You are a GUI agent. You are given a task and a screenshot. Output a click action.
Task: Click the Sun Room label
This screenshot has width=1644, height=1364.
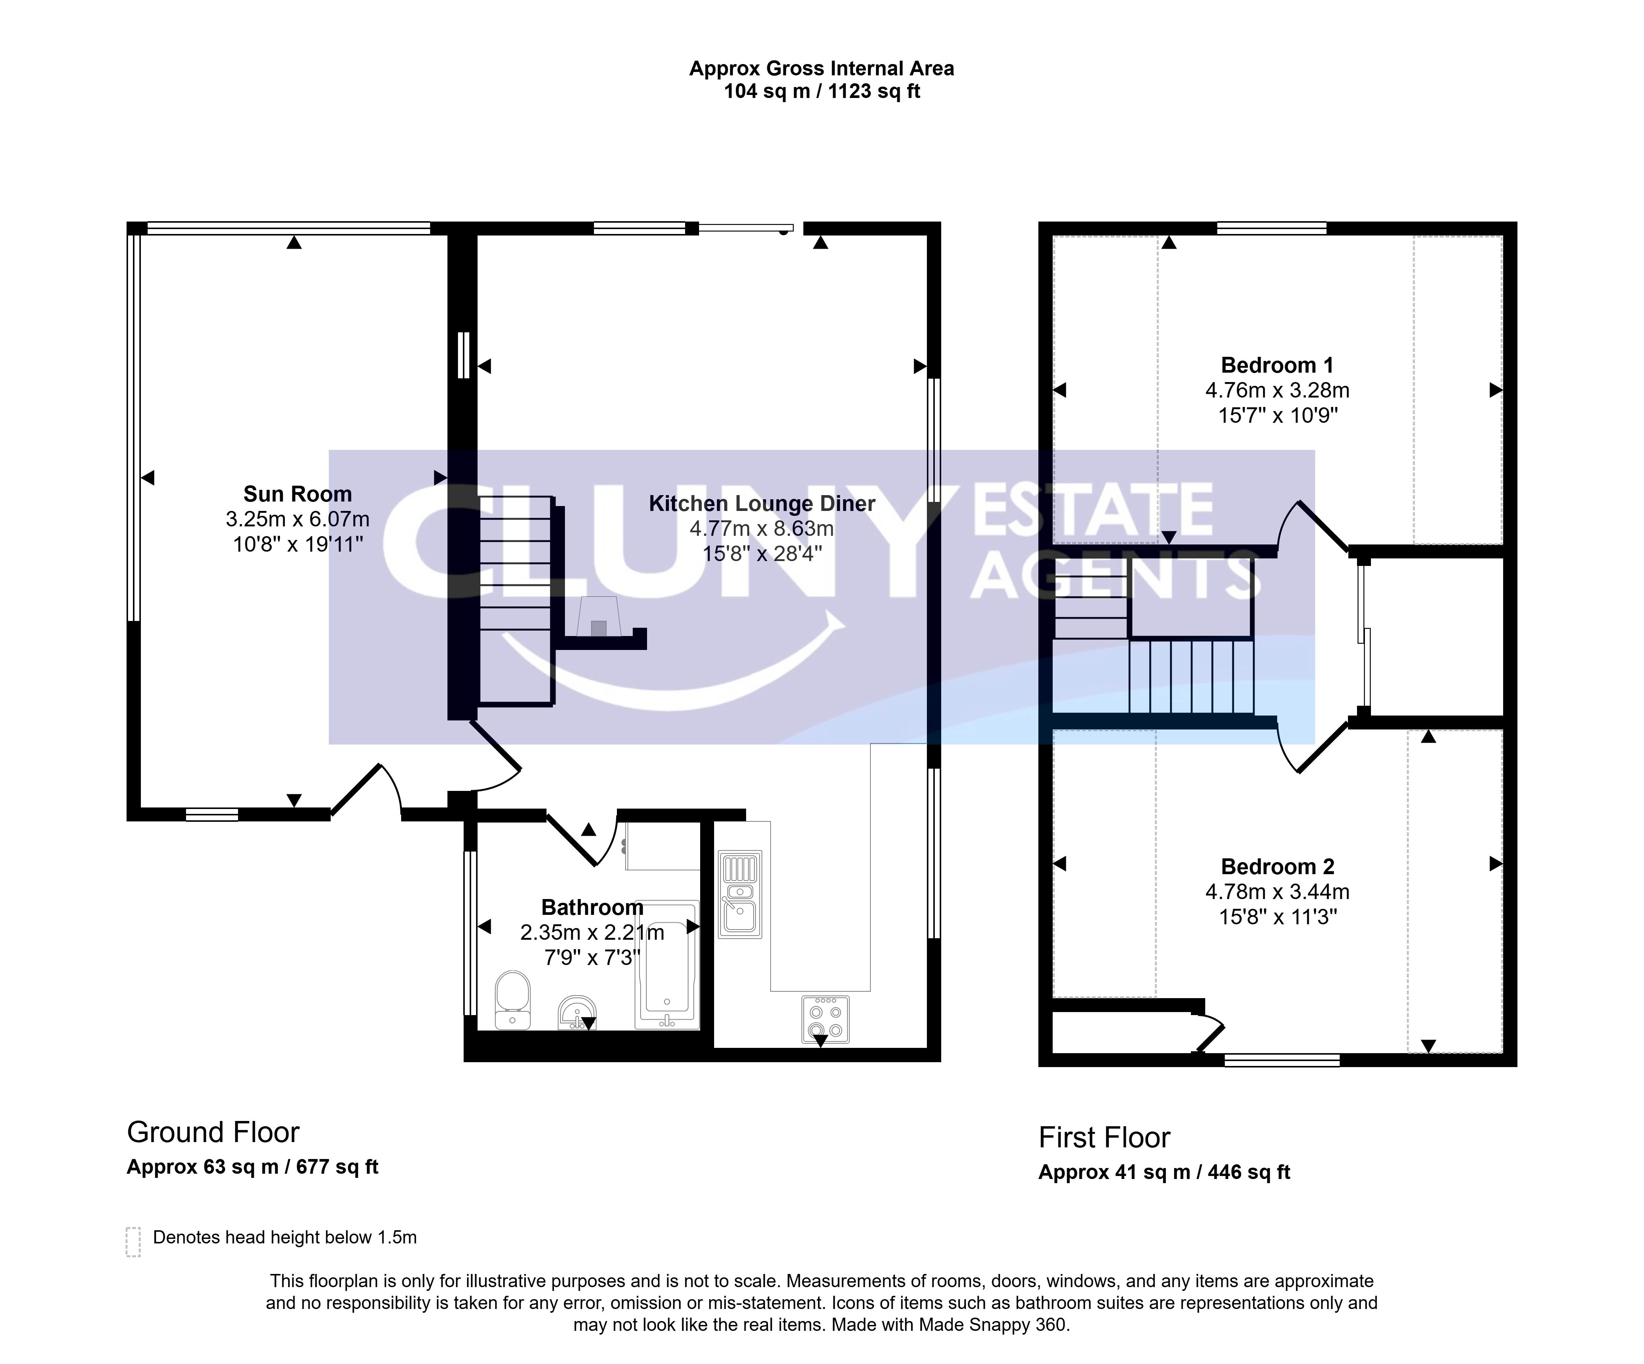[298, 494]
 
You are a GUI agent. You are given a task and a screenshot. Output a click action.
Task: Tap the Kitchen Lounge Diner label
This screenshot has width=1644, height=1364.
[762, 503]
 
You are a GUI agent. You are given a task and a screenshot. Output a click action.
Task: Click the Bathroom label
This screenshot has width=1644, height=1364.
[592, 907]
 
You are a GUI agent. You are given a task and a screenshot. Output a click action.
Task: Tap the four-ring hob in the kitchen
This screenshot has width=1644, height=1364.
[825, 1019]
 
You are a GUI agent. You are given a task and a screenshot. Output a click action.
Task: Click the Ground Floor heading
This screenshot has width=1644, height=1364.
[213, 1132]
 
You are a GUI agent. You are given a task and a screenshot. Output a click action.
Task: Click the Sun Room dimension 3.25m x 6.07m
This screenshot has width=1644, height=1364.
[298, 519]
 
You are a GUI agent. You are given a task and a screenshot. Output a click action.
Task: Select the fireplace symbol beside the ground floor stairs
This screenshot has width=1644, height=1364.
[599, 617]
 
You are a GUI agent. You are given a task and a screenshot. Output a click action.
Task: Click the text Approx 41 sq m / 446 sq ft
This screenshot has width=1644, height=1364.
[1164, 1172]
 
